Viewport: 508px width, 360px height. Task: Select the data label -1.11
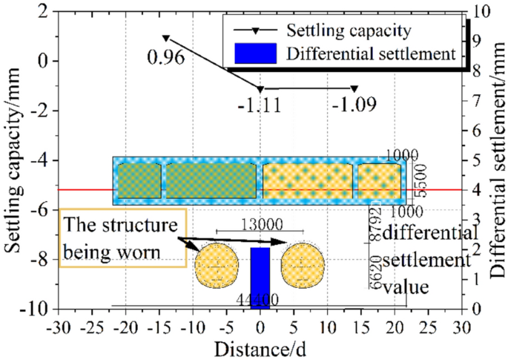[259, 105]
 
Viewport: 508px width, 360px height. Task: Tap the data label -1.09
[354, 105]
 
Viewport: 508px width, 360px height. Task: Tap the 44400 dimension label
[258, 299]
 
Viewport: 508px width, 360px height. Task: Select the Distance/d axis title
[259, 347]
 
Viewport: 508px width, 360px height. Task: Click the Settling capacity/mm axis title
[14, 160]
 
